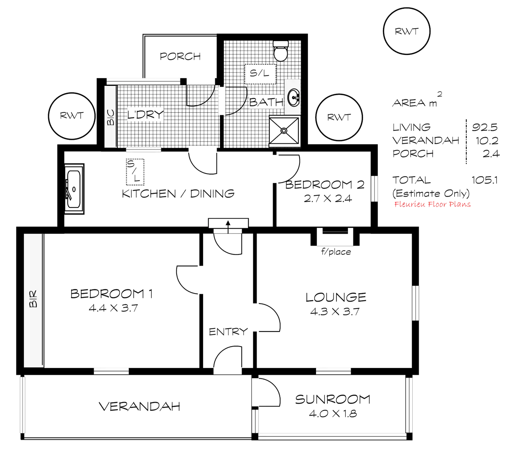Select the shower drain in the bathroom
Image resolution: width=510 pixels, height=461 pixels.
pyautogui.click(x=284, y=131)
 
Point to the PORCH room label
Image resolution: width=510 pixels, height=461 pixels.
pyautogui.click(x=181, y=56)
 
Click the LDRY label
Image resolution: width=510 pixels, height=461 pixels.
pyautogui.click(x=145, y=115)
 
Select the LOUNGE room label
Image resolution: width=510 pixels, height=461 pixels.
pyautogui.click(x=335, y=297)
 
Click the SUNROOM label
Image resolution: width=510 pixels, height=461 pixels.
pyautogui.click(x=333, y=400)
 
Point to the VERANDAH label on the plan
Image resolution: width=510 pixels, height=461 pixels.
pyautogui.click(x=140, y=406)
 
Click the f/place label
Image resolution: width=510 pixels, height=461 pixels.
pyautogui.click(x=336, y=252)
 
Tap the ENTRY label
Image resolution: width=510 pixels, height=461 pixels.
pyautogui.click(x=228, y=332)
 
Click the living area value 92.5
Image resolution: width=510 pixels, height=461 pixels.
pyautogui.click(x=485, y=127)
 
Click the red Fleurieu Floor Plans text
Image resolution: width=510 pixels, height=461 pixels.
pyautogui.click(x=433, y=204)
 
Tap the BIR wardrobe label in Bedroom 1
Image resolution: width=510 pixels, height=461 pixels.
pyautogui.click(x=33, y=299)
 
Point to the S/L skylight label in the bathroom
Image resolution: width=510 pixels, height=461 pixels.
pyautogui.click(x=260, y=73)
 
